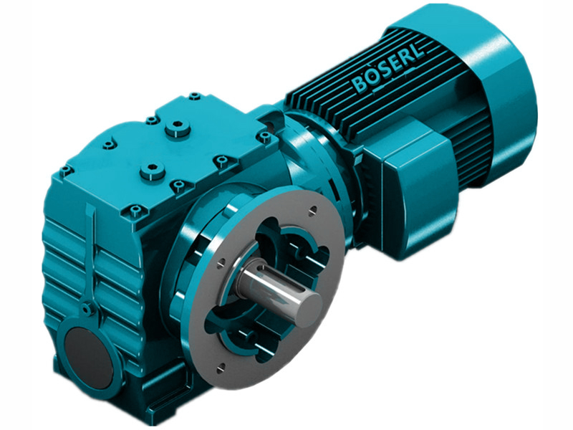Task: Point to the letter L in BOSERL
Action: (x=416, y=59)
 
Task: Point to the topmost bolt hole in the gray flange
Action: (x=313, y=211)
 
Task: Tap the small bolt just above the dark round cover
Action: (x=87, y=310)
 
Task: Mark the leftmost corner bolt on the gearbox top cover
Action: (x=67, y=171)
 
